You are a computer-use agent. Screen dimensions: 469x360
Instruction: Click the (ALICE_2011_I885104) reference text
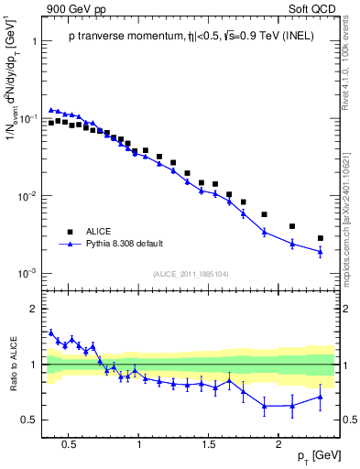tap(190, 273)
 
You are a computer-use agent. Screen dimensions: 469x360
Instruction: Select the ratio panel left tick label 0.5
tap(30, 420)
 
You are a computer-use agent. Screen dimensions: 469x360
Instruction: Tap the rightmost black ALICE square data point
tap(320, 238)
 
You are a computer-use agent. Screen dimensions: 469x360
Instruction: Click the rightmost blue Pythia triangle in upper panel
tap(320, 252)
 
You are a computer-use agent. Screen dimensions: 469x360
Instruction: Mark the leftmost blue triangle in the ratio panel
tap(51, 333)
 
